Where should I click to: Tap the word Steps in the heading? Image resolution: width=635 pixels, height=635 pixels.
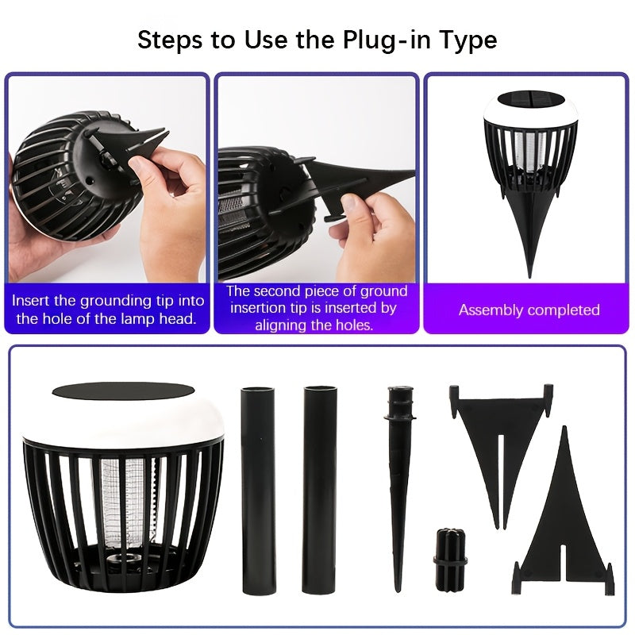click(170, 40)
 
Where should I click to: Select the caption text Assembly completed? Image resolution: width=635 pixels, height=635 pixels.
click(529, 310)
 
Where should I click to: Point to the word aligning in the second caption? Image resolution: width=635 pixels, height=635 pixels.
click(282, 325)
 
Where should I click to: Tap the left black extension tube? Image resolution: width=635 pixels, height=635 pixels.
click(257, 490)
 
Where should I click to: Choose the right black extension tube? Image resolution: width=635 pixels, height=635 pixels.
click(320, 490)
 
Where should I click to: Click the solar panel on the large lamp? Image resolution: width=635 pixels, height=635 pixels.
click(123, 391)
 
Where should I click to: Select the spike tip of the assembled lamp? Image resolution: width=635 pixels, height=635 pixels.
click(529, 276)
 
